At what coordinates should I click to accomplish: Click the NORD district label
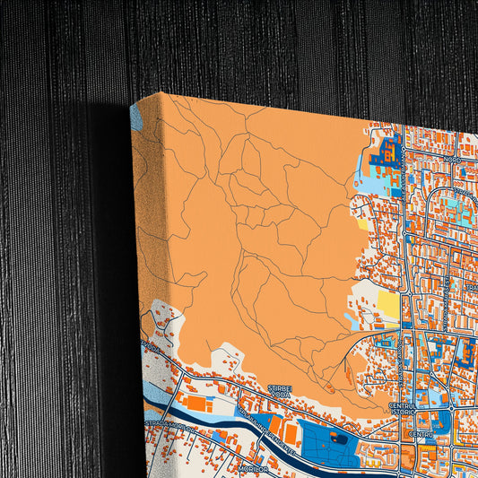[x=452, y=161]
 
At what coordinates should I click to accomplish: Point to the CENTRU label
[x=421, y=434]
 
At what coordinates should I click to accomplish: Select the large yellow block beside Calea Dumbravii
[x=388, y=305]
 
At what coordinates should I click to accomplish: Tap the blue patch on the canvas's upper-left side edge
[x=136, y=117]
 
